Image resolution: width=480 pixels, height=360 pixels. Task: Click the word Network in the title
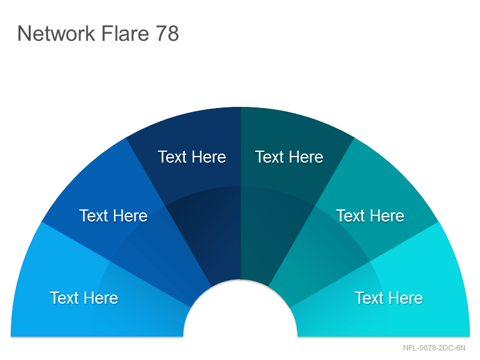pyautogui.click(x=56, y=34)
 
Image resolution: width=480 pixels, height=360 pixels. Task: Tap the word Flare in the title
pyautogui.click(x=125, y=34)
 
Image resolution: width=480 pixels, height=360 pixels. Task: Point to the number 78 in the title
pyautogui.click(x=167, y=34)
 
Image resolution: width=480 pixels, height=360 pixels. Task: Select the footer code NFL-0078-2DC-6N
pyautogui.click(x=434, y=348)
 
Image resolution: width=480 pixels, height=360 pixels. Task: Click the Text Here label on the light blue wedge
pyautogui.click(x=84, y=298)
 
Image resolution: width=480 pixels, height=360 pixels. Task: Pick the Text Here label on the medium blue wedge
pyautogui.click(x=113, y=215)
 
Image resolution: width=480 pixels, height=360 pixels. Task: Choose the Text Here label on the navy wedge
pyautogui.click(x=192, y=157)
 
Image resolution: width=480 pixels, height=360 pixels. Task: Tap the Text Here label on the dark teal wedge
pyautogui.click(x=289, y=157)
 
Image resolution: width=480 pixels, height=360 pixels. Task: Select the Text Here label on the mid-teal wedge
pyautogui.click(x=370, y=215)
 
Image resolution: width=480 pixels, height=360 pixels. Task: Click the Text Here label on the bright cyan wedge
pyautogui.click(x=389, y=298)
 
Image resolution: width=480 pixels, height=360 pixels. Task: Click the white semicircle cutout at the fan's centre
pyautogui.click(x=241, y=312)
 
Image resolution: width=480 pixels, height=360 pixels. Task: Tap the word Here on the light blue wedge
pyautogui.click(x=101, y=298)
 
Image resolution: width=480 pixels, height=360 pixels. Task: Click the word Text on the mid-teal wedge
pyautogui.click(x=350, y=215)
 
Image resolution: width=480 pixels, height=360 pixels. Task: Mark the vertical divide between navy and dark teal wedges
pyautogui.click(x=241, y=193)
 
